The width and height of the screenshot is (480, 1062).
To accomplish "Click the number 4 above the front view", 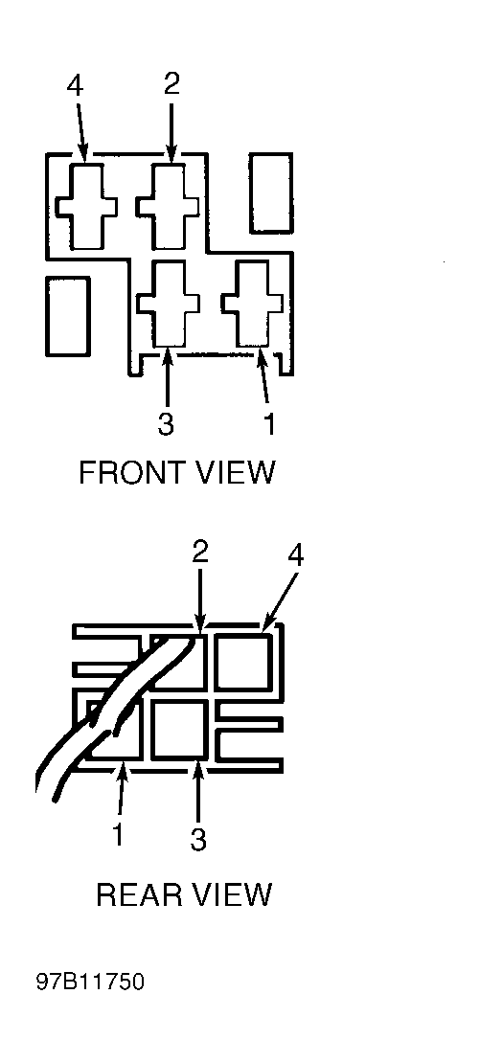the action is click(76, 87).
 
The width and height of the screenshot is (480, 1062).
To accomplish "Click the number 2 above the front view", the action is click(171, 83).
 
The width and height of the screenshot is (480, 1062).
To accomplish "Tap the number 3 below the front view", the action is click(166, 423).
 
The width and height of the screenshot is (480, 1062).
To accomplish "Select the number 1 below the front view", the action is click(269, 423).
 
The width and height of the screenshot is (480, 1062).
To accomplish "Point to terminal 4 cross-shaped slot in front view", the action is click(85, 206).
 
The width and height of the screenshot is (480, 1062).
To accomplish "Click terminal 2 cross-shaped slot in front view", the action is click(168, 206).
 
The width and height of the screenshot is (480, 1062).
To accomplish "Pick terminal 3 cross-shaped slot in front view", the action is click(168, 304).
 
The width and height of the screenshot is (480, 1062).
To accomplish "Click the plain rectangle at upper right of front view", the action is click(271, 193).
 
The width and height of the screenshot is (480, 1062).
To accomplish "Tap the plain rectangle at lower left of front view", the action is click(68, 316).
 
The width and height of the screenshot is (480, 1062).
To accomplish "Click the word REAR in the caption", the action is click(140, 894).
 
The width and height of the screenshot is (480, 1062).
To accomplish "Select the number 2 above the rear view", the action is click(199, 555).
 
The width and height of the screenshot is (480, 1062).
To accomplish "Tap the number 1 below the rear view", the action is click(118, 834).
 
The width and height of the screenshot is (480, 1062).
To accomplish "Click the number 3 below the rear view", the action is click(197, 839).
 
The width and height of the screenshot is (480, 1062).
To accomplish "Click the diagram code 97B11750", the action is click(90, 983).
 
